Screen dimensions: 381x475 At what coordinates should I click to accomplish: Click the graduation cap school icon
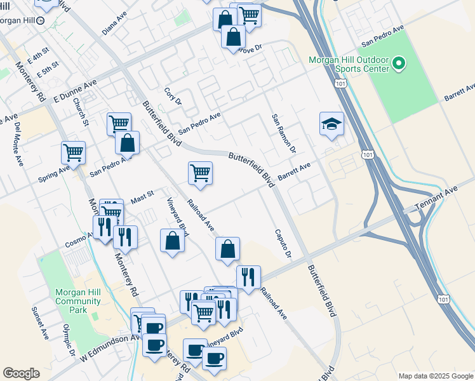pos(331,124)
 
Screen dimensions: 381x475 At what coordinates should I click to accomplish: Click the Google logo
pos(21,373)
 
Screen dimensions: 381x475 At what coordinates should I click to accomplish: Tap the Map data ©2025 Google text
pos(435,376)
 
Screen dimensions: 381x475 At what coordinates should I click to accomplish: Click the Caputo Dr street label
pos(282,244)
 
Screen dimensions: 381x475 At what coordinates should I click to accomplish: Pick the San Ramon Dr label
pos(284,134)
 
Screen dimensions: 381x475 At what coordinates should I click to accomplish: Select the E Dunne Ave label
pos(75,91)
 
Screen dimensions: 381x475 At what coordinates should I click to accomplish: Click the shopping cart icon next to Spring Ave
pos(73,153)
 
